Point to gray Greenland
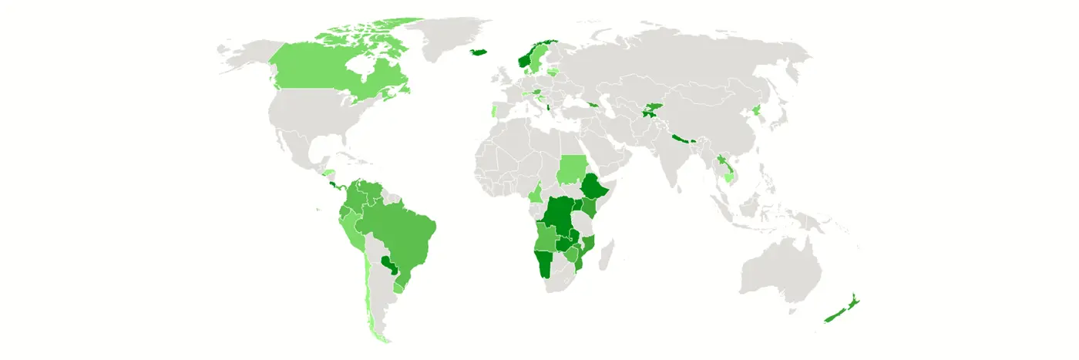click(447, 35)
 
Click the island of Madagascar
click(605, 254)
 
